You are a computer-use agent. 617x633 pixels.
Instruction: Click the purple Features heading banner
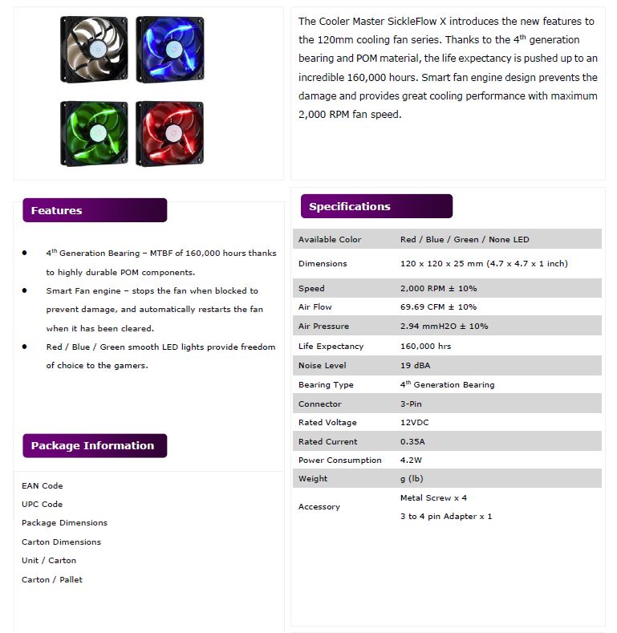coord(95,210)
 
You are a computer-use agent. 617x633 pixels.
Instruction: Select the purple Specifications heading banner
coord(376,206)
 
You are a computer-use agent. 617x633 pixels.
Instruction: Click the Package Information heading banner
coord(95,445)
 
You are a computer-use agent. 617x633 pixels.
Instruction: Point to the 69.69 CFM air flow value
coord(438,307)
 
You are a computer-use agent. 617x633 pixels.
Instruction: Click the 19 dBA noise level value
coord(416,365)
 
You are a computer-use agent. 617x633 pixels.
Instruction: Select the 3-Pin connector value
coord(412,404)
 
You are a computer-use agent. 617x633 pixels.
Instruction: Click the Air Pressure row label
coord(324,327)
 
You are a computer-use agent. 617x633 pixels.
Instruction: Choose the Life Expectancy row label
coord(331,346)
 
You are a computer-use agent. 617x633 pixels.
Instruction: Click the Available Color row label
coord(330,239)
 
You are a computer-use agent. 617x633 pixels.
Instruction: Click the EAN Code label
coord(42,485)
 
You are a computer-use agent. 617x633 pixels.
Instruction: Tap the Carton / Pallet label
coord(52,579)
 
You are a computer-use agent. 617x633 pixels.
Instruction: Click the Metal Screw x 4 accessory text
coord(433,497)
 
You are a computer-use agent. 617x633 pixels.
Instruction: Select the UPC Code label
coord(42,504)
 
